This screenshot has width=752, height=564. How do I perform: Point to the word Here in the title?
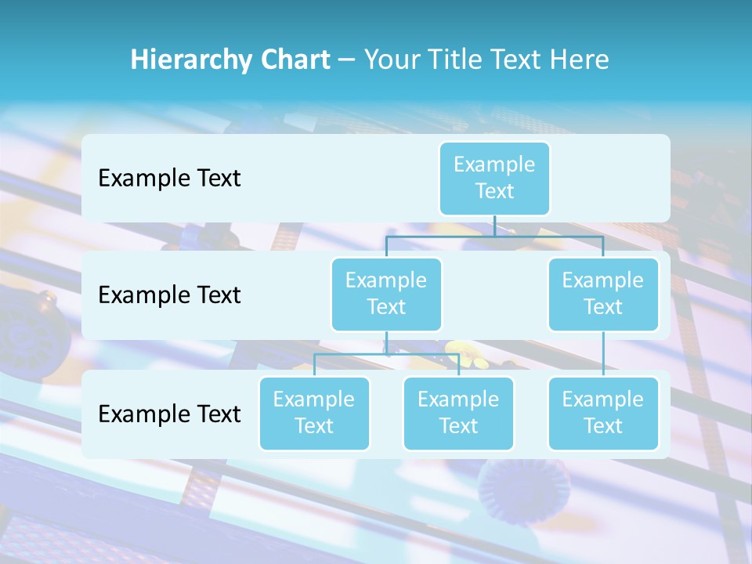[x=579, y=60]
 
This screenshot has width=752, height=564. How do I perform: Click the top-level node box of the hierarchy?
[x=494, y=179]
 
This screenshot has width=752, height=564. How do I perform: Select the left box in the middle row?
[x=386, y=295]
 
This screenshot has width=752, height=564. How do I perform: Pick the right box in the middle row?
[x=603, y=295]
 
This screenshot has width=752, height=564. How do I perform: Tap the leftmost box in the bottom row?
[x=314, y=414]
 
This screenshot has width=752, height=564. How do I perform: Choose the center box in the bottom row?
[x=458, y=414]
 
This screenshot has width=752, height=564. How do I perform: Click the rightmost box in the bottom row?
[x=603, y=414]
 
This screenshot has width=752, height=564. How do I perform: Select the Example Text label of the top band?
[x=169, y=179]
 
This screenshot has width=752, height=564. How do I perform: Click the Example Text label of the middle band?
[x=169, y=295]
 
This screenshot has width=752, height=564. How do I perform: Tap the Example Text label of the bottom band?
[x=169, y=414]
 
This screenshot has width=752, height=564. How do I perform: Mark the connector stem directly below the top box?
[x=494, y=226]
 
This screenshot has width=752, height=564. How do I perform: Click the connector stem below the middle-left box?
[x=386, y=343]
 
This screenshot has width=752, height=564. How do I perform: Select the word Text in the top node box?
[x=494, y=192]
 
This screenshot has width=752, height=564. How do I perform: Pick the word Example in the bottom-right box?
[x=603, y=400]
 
